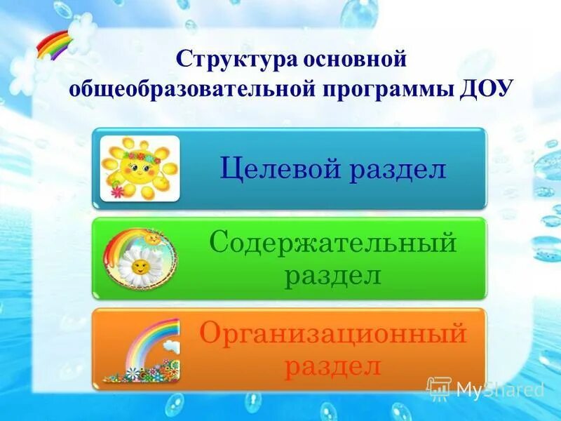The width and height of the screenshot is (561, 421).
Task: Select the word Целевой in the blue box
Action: pos(277,168)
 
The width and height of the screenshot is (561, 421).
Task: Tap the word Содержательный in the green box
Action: pos(333,244)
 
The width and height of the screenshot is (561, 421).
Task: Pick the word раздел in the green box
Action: pos(333,274)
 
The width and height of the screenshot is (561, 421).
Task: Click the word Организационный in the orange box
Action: pos(333,333)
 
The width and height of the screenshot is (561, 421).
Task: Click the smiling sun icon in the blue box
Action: pos(139,168)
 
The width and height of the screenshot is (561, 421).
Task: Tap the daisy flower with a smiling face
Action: pos(139,267)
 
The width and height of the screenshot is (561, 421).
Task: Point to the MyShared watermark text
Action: pos(500,389)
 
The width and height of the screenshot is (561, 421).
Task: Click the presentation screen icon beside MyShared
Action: pos(438,388)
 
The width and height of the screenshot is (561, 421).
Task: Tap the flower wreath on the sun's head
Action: pos(139,149)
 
